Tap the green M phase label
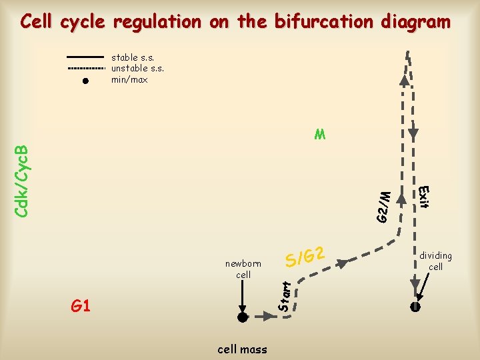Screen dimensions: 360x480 321,135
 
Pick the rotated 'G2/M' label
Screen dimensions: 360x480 382,207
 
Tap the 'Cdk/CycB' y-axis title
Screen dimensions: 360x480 21,179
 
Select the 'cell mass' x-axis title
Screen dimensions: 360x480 242,349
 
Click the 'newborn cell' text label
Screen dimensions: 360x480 243,269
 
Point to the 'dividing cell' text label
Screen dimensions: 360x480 435,261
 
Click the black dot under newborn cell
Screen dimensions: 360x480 243,317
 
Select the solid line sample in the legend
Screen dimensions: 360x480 86,57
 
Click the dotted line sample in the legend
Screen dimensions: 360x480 86,68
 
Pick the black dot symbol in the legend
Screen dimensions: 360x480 86,81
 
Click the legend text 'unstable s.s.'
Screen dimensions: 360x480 137,68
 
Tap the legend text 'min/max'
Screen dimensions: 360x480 129,80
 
